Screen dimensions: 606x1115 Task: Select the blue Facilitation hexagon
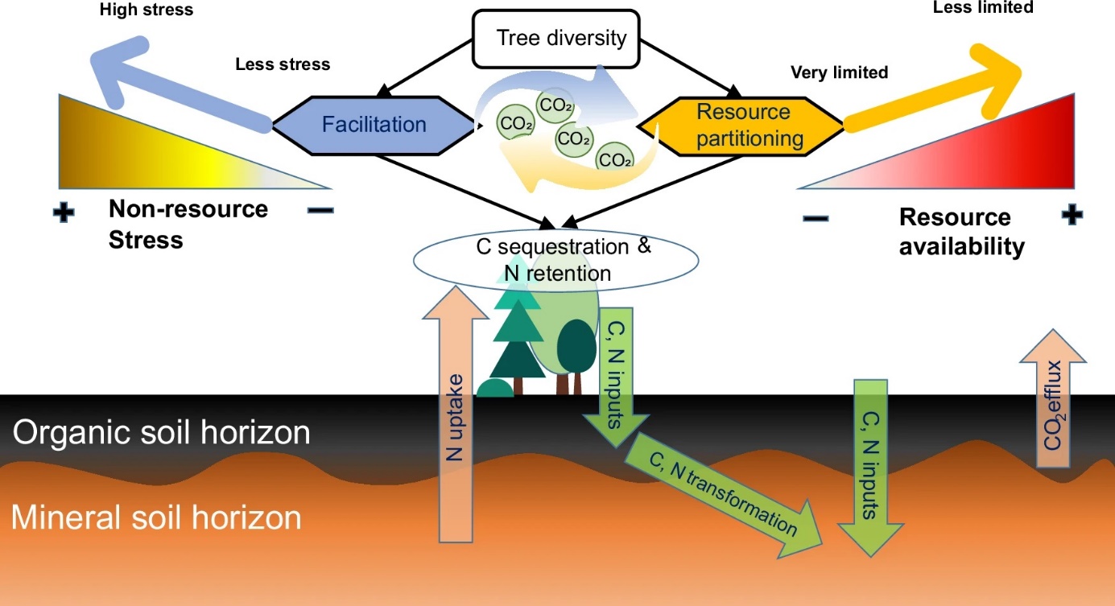point(374,125)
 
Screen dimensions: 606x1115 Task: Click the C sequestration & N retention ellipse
point(555,259)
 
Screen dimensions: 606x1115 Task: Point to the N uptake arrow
point(455,418)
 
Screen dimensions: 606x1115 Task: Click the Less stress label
point(283,64)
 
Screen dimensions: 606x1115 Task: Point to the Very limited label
point(839,72)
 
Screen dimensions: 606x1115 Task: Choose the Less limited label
point(982,7)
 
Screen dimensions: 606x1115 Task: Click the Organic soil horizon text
point(161,433)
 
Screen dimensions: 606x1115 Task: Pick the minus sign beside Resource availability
point(816,217)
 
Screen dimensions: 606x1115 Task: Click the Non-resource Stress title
point(188,225)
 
